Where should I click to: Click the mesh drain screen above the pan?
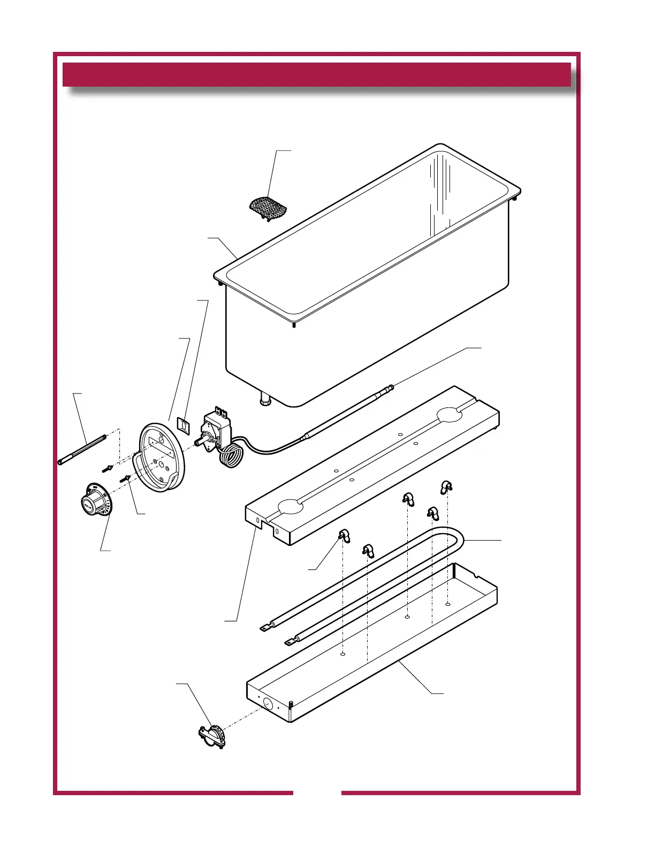268,207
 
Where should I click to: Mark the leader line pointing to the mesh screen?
273,174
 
